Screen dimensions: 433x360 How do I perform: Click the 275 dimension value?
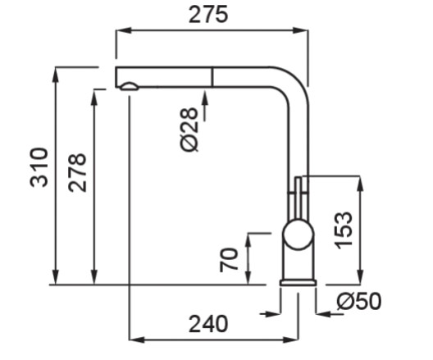(208, 15)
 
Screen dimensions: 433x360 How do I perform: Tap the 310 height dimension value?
(39, 167)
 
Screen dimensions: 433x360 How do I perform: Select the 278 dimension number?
(77, 172)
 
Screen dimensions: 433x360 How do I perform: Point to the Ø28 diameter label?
(189, 130)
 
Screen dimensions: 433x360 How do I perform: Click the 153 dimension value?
(344, 230)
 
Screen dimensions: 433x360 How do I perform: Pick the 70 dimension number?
(229, 260)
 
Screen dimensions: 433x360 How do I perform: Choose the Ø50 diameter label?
(359, 301)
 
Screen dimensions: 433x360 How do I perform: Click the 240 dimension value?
(208, 324)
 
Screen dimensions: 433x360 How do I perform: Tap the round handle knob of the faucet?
(299, 235)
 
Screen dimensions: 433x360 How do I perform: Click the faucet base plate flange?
(299, 283)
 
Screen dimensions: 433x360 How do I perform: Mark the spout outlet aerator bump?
(129, 86)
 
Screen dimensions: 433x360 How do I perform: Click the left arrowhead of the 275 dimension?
(124, 30)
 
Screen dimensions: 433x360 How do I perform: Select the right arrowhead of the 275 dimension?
(301, 30)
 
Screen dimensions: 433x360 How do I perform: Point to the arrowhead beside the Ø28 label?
(205, 98)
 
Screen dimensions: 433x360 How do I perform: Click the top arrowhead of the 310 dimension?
(56, 75)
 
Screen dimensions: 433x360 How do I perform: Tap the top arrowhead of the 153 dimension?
(360, 183)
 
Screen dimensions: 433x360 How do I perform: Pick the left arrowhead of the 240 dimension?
(137, 339)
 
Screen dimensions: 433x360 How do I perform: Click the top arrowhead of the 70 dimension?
(248, 241)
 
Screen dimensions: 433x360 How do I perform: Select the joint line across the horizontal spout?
(212, 77)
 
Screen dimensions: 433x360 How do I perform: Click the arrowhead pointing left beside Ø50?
(324, 313)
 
